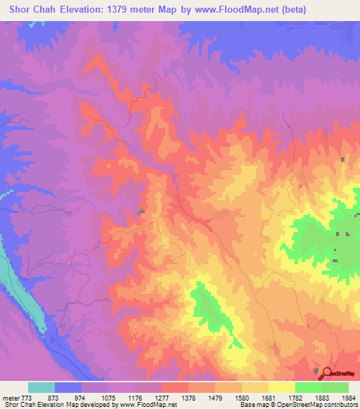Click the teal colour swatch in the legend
[41, 387]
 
